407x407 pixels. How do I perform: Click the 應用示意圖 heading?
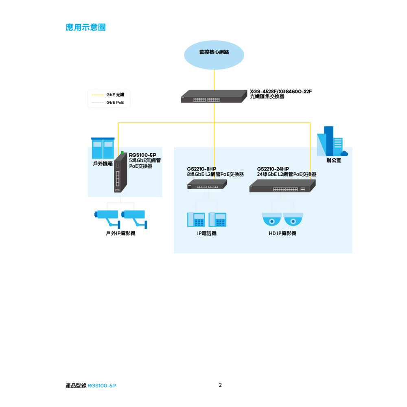pos(85,27)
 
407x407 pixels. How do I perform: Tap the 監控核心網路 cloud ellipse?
pos(214,55)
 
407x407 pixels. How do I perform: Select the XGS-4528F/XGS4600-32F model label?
pos(281,91)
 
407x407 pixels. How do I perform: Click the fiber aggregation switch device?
pos(214,96)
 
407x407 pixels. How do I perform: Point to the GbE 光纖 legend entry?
pos(108,95)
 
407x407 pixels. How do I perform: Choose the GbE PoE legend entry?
pos(108,103)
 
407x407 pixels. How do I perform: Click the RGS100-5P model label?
pos(142,155)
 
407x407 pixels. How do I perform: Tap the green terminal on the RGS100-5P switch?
pos(122,153)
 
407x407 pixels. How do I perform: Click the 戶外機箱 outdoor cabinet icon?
pos(103,148)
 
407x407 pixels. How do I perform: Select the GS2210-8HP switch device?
pos(207,184)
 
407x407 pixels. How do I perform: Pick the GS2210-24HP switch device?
pos(282,186)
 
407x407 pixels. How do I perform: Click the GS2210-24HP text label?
pos(273,169)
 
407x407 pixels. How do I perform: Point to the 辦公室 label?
pos(334,160)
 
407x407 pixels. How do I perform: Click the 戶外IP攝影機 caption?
pos(120,233)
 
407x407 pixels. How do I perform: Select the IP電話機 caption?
pos(207,233)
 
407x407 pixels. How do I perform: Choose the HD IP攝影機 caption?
pos(282,233)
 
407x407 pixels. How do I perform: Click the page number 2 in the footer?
pos(220,385)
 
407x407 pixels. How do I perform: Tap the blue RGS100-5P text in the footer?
pos(102,386)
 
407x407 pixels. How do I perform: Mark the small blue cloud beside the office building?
pos(344,153)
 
